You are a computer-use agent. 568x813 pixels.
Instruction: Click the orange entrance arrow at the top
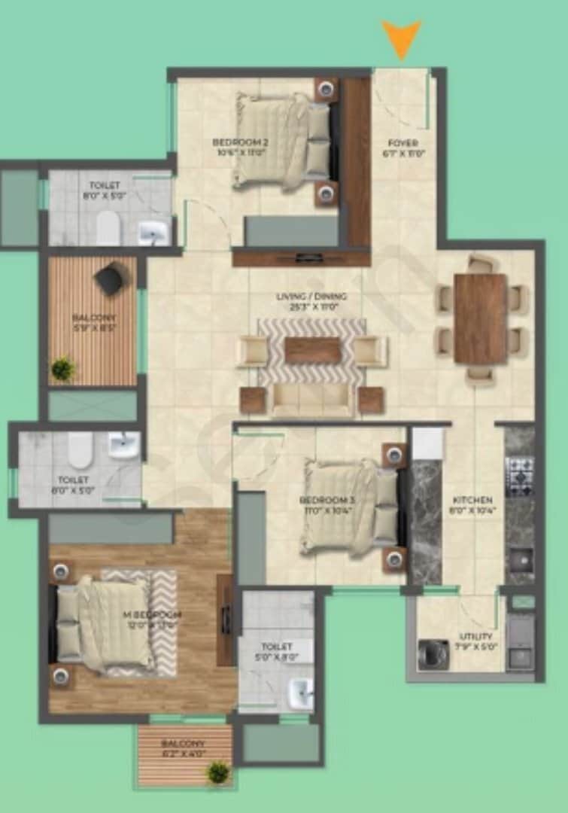point(401,38)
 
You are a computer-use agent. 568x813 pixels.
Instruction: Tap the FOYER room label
point(402,143)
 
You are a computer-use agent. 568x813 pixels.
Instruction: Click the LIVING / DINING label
point(311,297)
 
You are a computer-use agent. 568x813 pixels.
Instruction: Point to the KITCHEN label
point(472,500)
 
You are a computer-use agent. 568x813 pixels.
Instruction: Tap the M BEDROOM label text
point(152,615)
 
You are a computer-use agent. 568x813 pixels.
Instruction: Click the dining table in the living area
point(480,318)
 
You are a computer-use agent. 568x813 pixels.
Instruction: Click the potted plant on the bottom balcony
point(218,772)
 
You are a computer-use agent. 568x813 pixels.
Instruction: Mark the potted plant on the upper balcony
point(63,368)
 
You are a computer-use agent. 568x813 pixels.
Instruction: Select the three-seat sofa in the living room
point(311,400)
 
